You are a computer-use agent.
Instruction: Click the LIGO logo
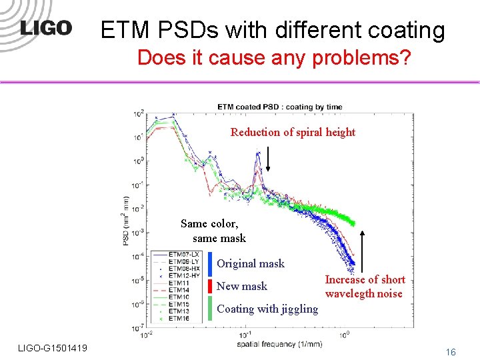coord(46,28)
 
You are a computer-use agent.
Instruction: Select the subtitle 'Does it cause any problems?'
coord(274,58)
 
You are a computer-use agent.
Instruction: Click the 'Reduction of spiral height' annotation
coord(293,132)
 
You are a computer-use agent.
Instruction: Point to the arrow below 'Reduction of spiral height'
coord(267,159)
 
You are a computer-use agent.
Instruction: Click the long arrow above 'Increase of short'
coord(363,251)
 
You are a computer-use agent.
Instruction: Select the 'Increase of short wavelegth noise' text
coord(365,287)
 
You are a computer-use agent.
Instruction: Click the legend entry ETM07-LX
coord(184,255)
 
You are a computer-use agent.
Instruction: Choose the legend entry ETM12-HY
coord(184,275)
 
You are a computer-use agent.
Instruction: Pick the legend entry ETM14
coord(179,290)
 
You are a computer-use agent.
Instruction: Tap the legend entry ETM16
coord(179,319)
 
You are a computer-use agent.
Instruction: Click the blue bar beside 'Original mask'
coord(210,263)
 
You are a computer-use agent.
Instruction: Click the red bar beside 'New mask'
coord(210,287)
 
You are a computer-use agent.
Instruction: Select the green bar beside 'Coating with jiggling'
coord(210,309)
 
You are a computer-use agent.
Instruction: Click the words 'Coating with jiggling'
coord(267,309)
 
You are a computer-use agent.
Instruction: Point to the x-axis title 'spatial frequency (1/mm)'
coord(279,345)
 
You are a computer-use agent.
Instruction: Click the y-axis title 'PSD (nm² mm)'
coord(126,221)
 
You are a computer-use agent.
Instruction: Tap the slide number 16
coord(451,351)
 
